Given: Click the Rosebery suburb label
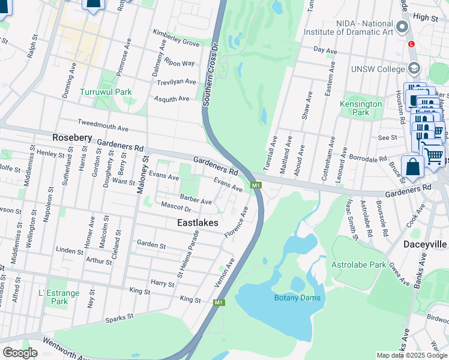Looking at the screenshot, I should (72, 137).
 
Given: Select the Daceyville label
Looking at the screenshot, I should (414, 245).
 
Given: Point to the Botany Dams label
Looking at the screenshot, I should (297, 298).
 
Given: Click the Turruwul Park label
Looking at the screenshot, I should (105, 92).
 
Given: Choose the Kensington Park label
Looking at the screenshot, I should (361, 108).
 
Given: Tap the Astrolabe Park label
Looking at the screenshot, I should (358, 264).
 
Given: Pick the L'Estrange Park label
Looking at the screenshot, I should (59, 297).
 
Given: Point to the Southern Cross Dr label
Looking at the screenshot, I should (209, 74).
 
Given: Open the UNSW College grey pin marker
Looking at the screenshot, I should (413, 68).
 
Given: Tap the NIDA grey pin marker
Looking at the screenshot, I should (402, 27).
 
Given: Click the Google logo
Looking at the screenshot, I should (19, 352).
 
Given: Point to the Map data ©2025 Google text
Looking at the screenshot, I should (411, 355).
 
